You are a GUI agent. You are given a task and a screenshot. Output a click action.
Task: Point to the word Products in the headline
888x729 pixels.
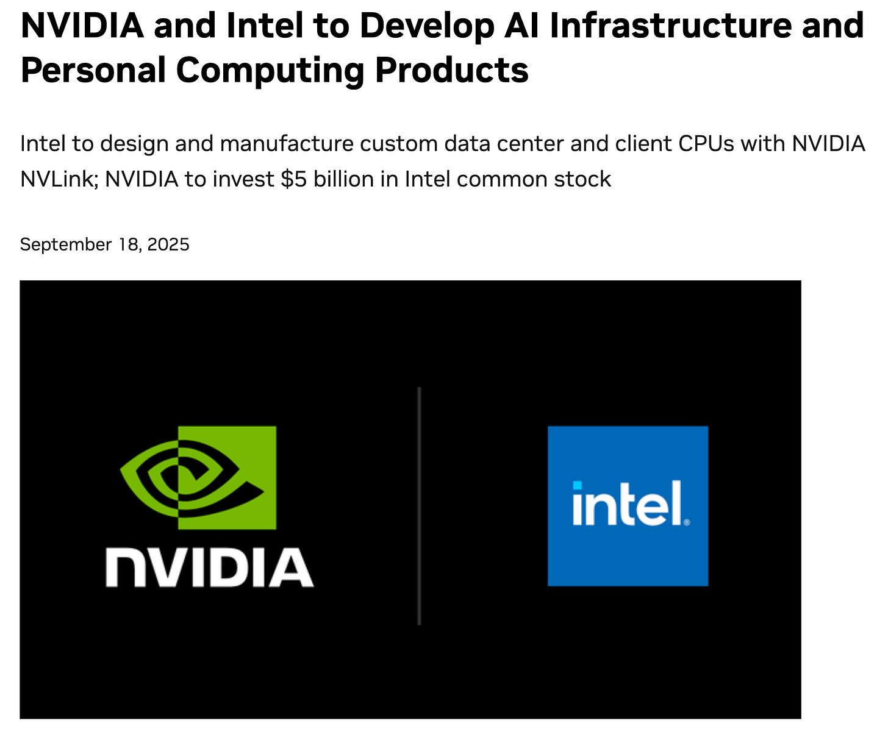click(452, 70)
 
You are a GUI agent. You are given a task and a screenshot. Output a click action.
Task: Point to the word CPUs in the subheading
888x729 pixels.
click(707, 144)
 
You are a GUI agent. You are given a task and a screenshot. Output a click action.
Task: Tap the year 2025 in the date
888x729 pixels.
click(168, 244)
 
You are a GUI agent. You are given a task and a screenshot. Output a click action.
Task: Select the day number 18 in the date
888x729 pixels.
click(130, 244)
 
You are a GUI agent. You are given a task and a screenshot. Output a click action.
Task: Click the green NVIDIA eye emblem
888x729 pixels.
click(198, 477)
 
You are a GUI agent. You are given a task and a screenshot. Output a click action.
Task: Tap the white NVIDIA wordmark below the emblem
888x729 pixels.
click(209, 567)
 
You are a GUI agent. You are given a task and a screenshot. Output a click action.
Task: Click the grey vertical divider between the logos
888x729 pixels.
click(419, 505)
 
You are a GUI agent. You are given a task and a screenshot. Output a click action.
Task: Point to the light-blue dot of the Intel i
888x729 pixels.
click(577, 485)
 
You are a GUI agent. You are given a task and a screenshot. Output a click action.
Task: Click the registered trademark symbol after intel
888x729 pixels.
click(687, 522)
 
